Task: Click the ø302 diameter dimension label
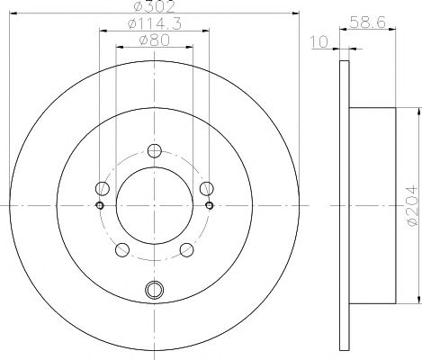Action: (x=154, y=6)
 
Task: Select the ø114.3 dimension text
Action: (x=155, y=24)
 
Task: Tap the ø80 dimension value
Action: (x=154, y=40)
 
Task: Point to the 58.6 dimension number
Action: (x=367, y=22)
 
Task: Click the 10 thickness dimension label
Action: (x=319, y=41)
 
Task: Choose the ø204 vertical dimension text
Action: (x=412, y=206)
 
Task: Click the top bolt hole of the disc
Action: (x=155, y=150)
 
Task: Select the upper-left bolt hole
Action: (x=103, y=188)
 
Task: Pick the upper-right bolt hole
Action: (x=207, y=188)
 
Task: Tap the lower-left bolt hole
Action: (x=122, y=249)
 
